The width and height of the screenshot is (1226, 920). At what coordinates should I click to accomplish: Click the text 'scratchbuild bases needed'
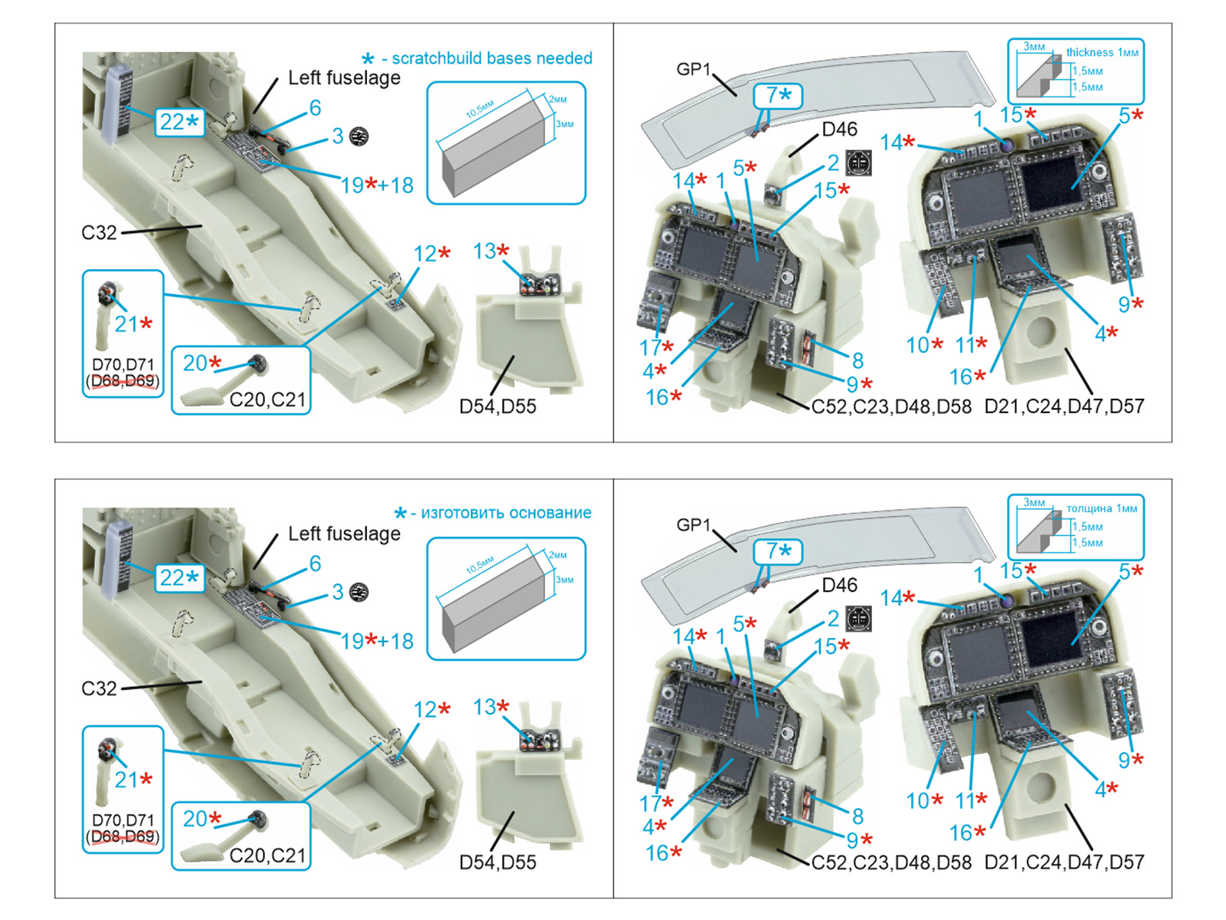coord(491,58)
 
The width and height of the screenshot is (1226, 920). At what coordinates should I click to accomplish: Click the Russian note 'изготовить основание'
coord(506,513)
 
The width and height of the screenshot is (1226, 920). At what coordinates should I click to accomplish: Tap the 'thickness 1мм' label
coord(1102,52)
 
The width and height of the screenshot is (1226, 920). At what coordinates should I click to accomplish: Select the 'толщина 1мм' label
coord(1102,508)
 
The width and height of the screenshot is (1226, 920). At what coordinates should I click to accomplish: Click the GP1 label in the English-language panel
coord(693,69)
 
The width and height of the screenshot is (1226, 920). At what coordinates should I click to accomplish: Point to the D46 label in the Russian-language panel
coord(839,585)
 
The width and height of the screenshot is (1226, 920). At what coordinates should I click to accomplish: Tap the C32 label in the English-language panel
coord(99,232)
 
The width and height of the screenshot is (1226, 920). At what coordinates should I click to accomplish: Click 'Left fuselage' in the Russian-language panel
coord(344,534)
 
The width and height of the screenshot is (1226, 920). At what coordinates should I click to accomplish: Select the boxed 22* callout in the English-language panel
coord(179,122)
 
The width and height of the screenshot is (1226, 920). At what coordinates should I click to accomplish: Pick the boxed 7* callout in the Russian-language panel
coord(778,551)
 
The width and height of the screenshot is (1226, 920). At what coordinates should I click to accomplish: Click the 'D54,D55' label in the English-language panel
coord(497,406)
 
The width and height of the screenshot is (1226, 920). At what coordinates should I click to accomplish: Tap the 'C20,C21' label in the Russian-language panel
coord(267,855)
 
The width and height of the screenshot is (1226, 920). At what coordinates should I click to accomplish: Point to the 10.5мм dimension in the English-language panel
coord(480,111)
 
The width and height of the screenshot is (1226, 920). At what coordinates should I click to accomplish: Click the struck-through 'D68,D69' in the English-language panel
coord(123,381)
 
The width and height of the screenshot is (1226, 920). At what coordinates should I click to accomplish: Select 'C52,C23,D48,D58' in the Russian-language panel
coord(891,863)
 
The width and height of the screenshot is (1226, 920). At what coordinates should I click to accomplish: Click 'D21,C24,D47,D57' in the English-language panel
coord(1064,406)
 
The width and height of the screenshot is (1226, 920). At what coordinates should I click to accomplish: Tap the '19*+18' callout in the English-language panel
coord(376,186)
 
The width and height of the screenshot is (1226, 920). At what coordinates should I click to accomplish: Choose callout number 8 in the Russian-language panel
coord(857,816)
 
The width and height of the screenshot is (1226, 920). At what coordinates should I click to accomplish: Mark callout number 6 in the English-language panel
coord(315,108)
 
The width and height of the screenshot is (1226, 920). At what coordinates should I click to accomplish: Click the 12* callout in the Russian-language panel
coord(431,709)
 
